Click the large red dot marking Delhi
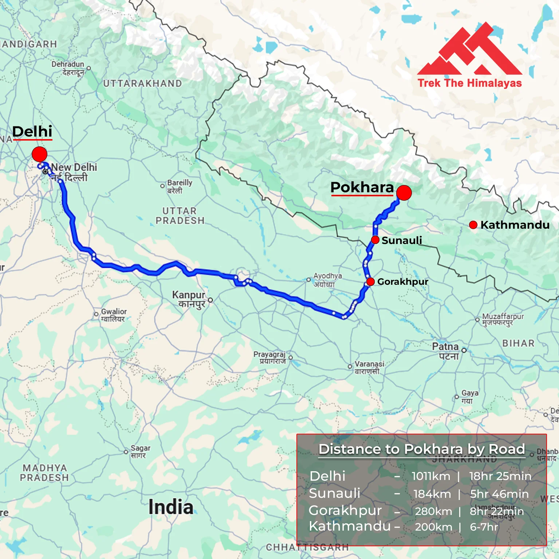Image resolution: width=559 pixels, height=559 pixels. [39, 154]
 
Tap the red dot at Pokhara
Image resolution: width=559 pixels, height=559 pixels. [404, 193]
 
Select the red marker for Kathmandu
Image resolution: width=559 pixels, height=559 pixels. [473, 225]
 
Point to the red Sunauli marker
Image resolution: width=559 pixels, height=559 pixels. [375, 240]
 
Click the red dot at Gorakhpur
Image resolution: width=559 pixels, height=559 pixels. [370, 282]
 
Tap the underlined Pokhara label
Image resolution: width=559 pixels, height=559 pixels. [362, 187]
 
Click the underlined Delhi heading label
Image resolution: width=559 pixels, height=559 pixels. [32, 131]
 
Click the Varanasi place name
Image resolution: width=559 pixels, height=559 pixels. [369, 367]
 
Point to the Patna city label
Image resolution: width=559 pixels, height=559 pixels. [445, 351]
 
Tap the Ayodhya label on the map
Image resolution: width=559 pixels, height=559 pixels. [327, 279]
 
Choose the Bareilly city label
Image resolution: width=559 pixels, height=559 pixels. [179, 186]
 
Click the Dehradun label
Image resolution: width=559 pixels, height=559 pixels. [68, 68]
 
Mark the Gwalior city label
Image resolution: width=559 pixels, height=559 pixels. [114, 315]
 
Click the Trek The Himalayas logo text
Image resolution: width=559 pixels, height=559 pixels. [469, 83]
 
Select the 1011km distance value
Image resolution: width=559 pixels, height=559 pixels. [431, 476]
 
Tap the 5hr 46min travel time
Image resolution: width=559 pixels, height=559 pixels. [499, 494]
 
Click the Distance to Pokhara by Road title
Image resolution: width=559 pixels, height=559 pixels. [422, 449]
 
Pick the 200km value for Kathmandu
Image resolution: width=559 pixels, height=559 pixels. [433, 527]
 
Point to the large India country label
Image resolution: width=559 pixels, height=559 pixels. [171, 507]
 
